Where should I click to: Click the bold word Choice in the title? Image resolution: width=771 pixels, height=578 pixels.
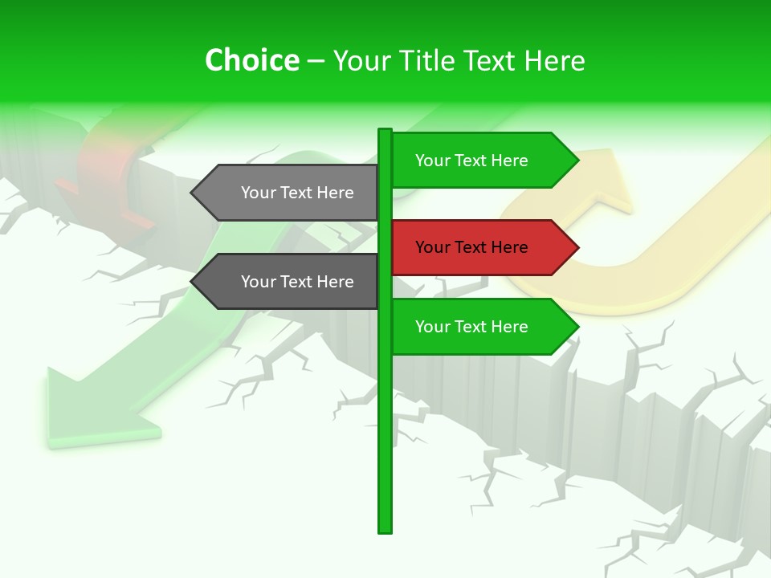click(x=251, y=61)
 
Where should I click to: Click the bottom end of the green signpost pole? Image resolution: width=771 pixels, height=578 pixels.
click(x=385, y=530)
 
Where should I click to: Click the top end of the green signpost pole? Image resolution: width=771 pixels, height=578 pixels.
click(x=385, y=132)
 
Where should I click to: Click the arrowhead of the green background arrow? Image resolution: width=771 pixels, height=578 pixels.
click(x=88, y=409)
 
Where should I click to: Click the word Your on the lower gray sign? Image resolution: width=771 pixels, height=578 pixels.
click(x=258, y=282)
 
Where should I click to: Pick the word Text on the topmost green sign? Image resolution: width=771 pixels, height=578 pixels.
click(x=471, y=161)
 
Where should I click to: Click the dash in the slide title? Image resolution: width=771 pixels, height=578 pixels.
click(x=316, y=61)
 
